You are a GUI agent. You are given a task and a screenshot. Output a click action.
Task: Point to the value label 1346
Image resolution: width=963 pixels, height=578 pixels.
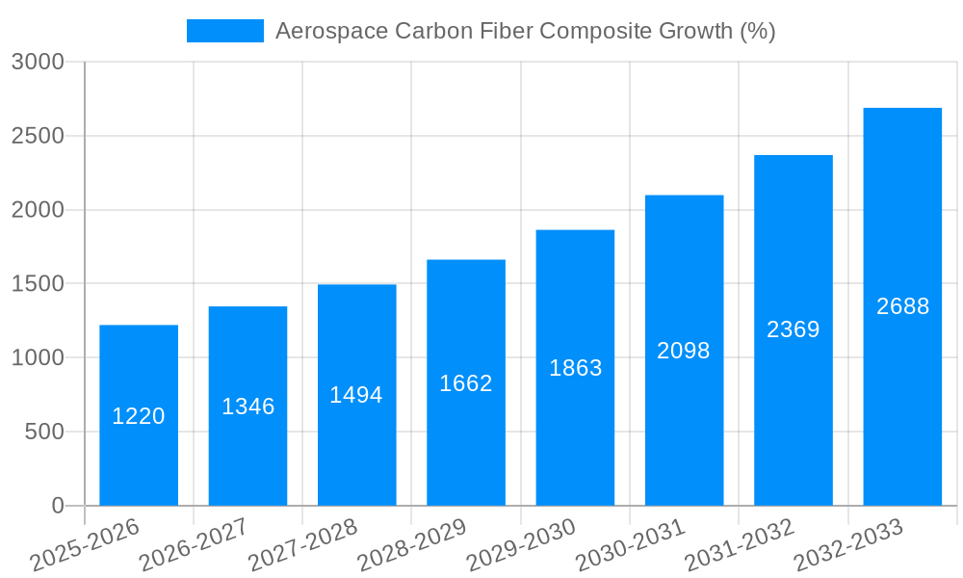(x=248, y=407)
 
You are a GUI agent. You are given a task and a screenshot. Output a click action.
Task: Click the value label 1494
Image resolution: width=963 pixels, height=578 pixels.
(x=356, y=395)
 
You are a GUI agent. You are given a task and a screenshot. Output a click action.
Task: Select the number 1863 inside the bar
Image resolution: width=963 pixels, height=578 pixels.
(x=576, y=368)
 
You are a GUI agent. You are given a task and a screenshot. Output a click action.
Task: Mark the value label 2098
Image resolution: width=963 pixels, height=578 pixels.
(x=684, y=351)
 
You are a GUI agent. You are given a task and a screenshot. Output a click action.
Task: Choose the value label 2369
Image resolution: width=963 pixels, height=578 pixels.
(x=794, y=329)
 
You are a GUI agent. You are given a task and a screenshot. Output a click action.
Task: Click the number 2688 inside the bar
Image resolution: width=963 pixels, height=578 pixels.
(x=903, y=306)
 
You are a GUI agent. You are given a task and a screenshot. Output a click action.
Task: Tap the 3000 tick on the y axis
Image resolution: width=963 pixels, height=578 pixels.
(x=38, y=62)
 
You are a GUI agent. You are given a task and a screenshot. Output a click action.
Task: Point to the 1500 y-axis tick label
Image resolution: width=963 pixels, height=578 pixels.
(x=38, y=284)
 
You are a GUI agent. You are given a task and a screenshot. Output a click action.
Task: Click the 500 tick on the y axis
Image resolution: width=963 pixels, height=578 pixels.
(x=44, y=433)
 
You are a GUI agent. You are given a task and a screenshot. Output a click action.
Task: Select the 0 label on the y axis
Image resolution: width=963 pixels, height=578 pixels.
(x=58, y=506)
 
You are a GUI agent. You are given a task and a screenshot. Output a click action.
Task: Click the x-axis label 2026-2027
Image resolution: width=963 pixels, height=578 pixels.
(x=194, y=545)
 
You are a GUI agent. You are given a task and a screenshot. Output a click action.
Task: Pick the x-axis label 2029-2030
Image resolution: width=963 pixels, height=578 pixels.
(x=521, y=545)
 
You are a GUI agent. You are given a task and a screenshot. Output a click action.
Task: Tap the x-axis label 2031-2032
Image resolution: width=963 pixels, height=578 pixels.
(x=740, y=545)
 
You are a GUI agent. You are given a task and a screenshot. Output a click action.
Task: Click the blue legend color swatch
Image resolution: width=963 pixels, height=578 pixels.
(x=224, y=31)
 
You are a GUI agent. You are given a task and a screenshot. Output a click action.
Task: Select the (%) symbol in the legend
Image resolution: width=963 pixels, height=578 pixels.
(x=757, y=31)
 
